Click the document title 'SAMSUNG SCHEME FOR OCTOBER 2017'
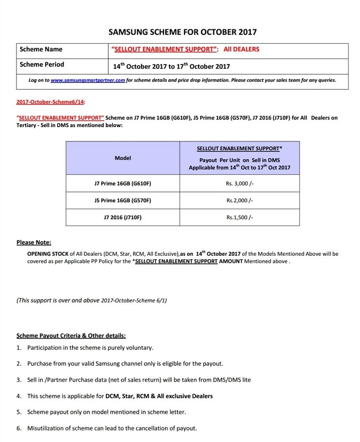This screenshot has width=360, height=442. coord(183,32)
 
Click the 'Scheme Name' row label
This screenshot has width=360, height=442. coord(41,49)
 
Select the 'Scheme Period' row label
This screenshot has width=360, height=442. coord(42,65)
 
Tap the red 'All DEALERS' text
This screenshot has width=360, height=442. coord(241,49)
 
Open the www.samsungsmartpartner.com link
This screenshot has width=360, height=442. coord(88,80)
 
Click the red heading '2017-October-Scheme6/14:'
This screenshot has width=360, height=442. coord(50,102)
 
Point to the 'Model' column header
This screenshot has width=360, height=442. coord(123,158)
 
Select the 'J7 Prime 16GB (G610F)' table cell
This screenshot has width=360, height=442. coord(123,184)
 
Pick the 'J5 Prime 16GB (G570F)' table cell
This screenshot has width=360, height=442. coord(123,201)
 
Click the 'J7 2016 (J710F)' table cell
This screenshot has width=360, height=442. coord(123,218)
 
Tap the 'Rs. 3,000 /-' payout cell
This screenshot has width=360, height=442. coord(240,184)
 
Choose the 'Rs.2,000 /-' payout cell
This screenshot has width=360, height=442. coord(240,201)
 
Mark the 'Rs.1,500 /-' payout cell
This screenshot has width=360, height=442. coord(240,218)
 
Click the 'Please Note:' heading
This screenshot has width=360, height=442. coord(33,242)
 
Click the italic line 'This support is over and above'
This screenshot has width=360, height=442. coord(92,300)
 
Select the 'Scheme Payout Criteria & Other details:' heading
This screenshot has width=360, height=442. coord(71,335)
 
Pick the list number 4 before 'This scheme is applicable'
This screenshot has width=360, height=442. coord(19,396)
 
